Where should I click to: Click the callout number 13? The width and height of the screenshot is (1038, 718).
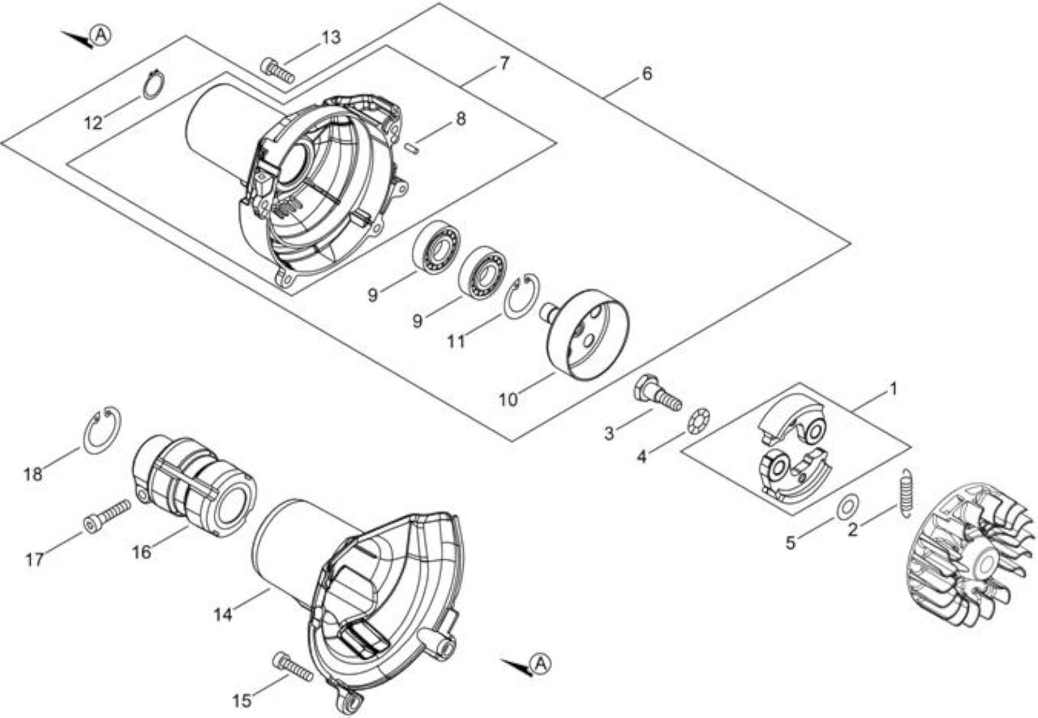point(331,37)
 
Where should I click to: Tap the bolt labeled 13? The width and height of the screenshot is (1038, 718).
point(277,71)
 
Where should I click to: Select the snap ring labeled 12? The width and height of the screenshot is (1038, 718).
point(153,85)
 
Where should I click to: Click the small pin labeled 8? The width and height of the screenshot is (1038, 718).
point(411,148)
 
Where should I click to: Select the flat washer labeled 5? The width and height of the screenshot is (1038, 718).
point(847,506)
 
